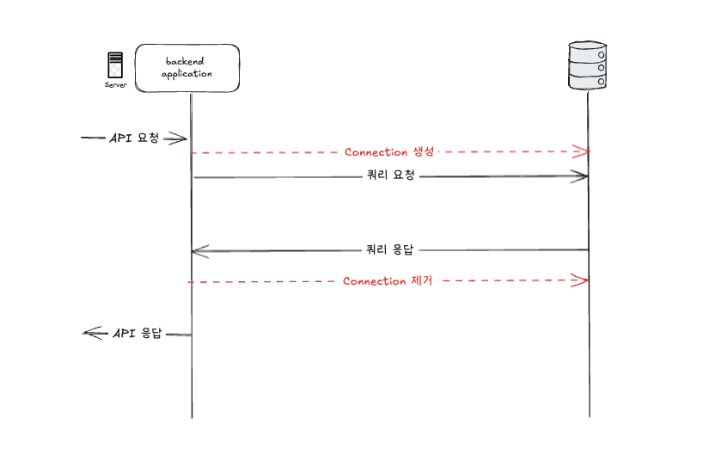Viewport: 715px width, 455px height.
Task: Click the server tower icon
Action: click(x=115, y=66)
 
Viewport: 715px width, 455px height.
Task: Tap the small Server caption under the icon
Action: click(x=115, y=85)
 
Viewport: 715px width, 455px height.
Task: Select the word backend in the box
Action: click(x=186, y=61)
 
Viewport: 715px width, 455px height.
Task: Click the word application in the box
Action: click(x=186, y=74)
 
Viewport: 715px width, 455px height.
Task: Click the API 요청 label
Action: click(x=134, y=138)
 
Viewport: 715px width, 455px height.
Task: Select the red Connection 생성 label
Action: click(x=389, y=152)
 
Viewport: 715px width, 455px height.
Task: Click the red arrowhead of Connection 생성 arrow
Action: click(x=584, y=151)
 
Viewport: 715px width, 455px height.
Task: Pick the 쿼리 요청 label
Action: click(x=390, y=176)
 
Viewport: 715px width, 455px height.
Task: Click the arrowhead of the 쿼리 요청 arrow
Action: click(x=583, y=176)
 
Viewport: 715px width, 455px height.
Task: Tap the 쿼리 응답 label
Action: click(x=390, y=250)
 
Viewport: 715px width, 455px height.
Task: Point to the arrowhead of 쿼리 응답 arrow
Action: click(x=198, y=251)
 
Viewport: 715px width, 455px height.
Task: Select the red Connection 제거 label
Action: click(x=388, y=281)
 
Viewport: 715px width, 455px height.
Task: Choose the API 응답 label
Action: click(x=137, y=333)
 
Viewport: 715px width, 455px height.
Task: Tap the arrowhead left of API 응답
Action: click(x=89, y=334)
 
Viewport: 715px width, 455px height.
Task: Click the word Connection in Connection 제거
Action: click(x=375, y=281)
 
